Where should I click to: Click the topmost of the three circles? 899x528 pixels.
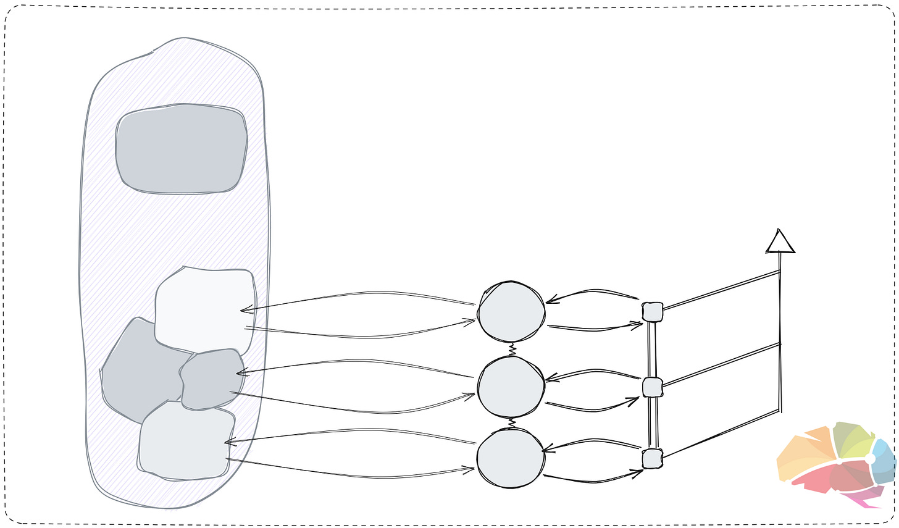[511, 312]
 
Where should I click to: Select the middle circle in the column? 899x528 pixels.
[511, 387]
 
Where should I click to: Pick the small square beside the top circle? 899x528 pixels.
[652, 312]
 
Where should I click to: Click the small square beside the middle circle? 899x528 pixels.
[652, 387]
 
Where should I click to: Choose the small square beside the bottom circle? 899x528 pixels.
[652, 459]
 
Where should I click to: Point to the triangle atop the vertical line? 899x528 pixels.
[780, 242]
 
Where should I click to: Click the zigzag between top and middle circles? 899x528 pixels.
[512, 350]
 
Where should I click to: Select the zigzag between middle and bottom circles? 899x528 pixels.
[511, 424]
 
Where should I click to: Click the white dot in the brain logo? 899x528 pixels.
[869, 458]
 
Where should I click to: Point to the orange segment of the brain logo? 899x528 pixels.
[803, 454]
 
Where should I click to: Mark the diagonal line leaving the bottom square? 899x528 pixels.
[719, 435]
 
